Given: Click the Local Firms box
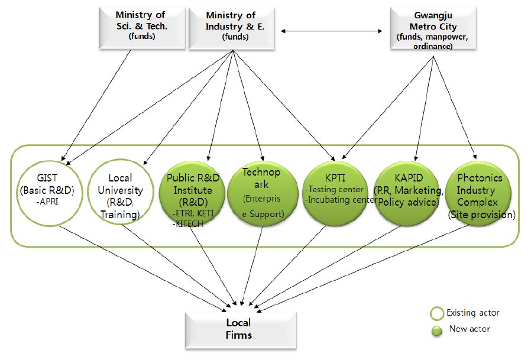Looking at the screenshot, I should coord(239,329).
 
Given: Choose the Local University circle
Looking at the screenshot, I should coord(120,195).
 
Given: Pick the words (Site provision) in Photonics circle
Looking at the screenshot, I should coord(481,215).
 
